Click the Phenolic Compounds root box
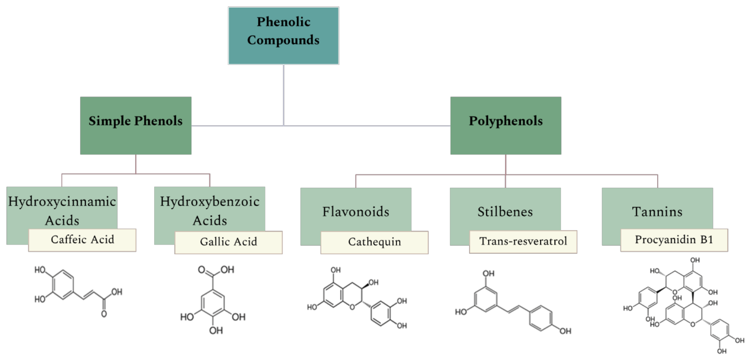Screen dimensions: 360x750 [283, 35]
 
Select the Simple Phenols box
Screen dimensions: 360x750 [136, 125]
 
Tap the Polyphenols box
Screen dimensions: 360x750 [506, 125]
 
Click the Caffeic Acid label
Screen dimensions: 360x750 [82, 240]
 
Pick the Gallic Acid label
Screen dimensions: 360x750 [228, 242]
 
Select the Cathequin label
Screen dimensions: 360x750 [374, 242]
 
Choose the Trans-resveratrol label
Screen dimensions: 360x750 [523, 241]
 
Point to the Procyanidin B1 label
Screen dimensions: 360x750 [674, 240]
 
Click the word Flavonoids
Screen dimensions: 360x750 [356, 212]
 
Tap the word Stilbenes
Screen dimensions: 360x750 [505, 212]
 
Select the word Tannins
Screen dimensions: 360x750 [657, 212]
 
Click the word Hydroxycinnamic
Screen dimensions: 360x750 [62, 201]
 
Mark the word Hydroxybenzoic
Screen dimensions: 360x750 [210, 201]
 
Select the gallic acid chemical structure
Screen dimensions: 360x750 [213, 299]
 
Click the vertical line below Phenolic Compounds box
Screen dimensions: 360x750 [284, 93]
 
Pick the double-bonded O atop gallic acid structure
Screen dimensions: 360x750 [201, 269]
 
